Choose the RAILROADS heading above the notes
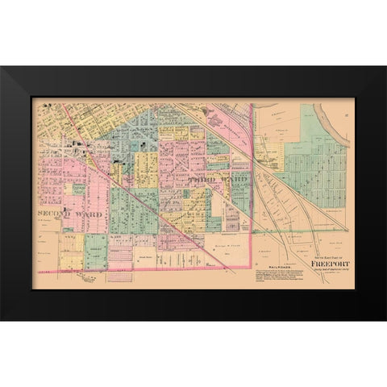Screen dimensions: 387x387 coord(282,263)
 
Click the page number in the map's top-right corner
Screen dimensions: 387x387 coord(346,104)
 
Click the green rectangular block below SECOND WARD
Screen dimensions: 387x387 coord(95,251)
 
